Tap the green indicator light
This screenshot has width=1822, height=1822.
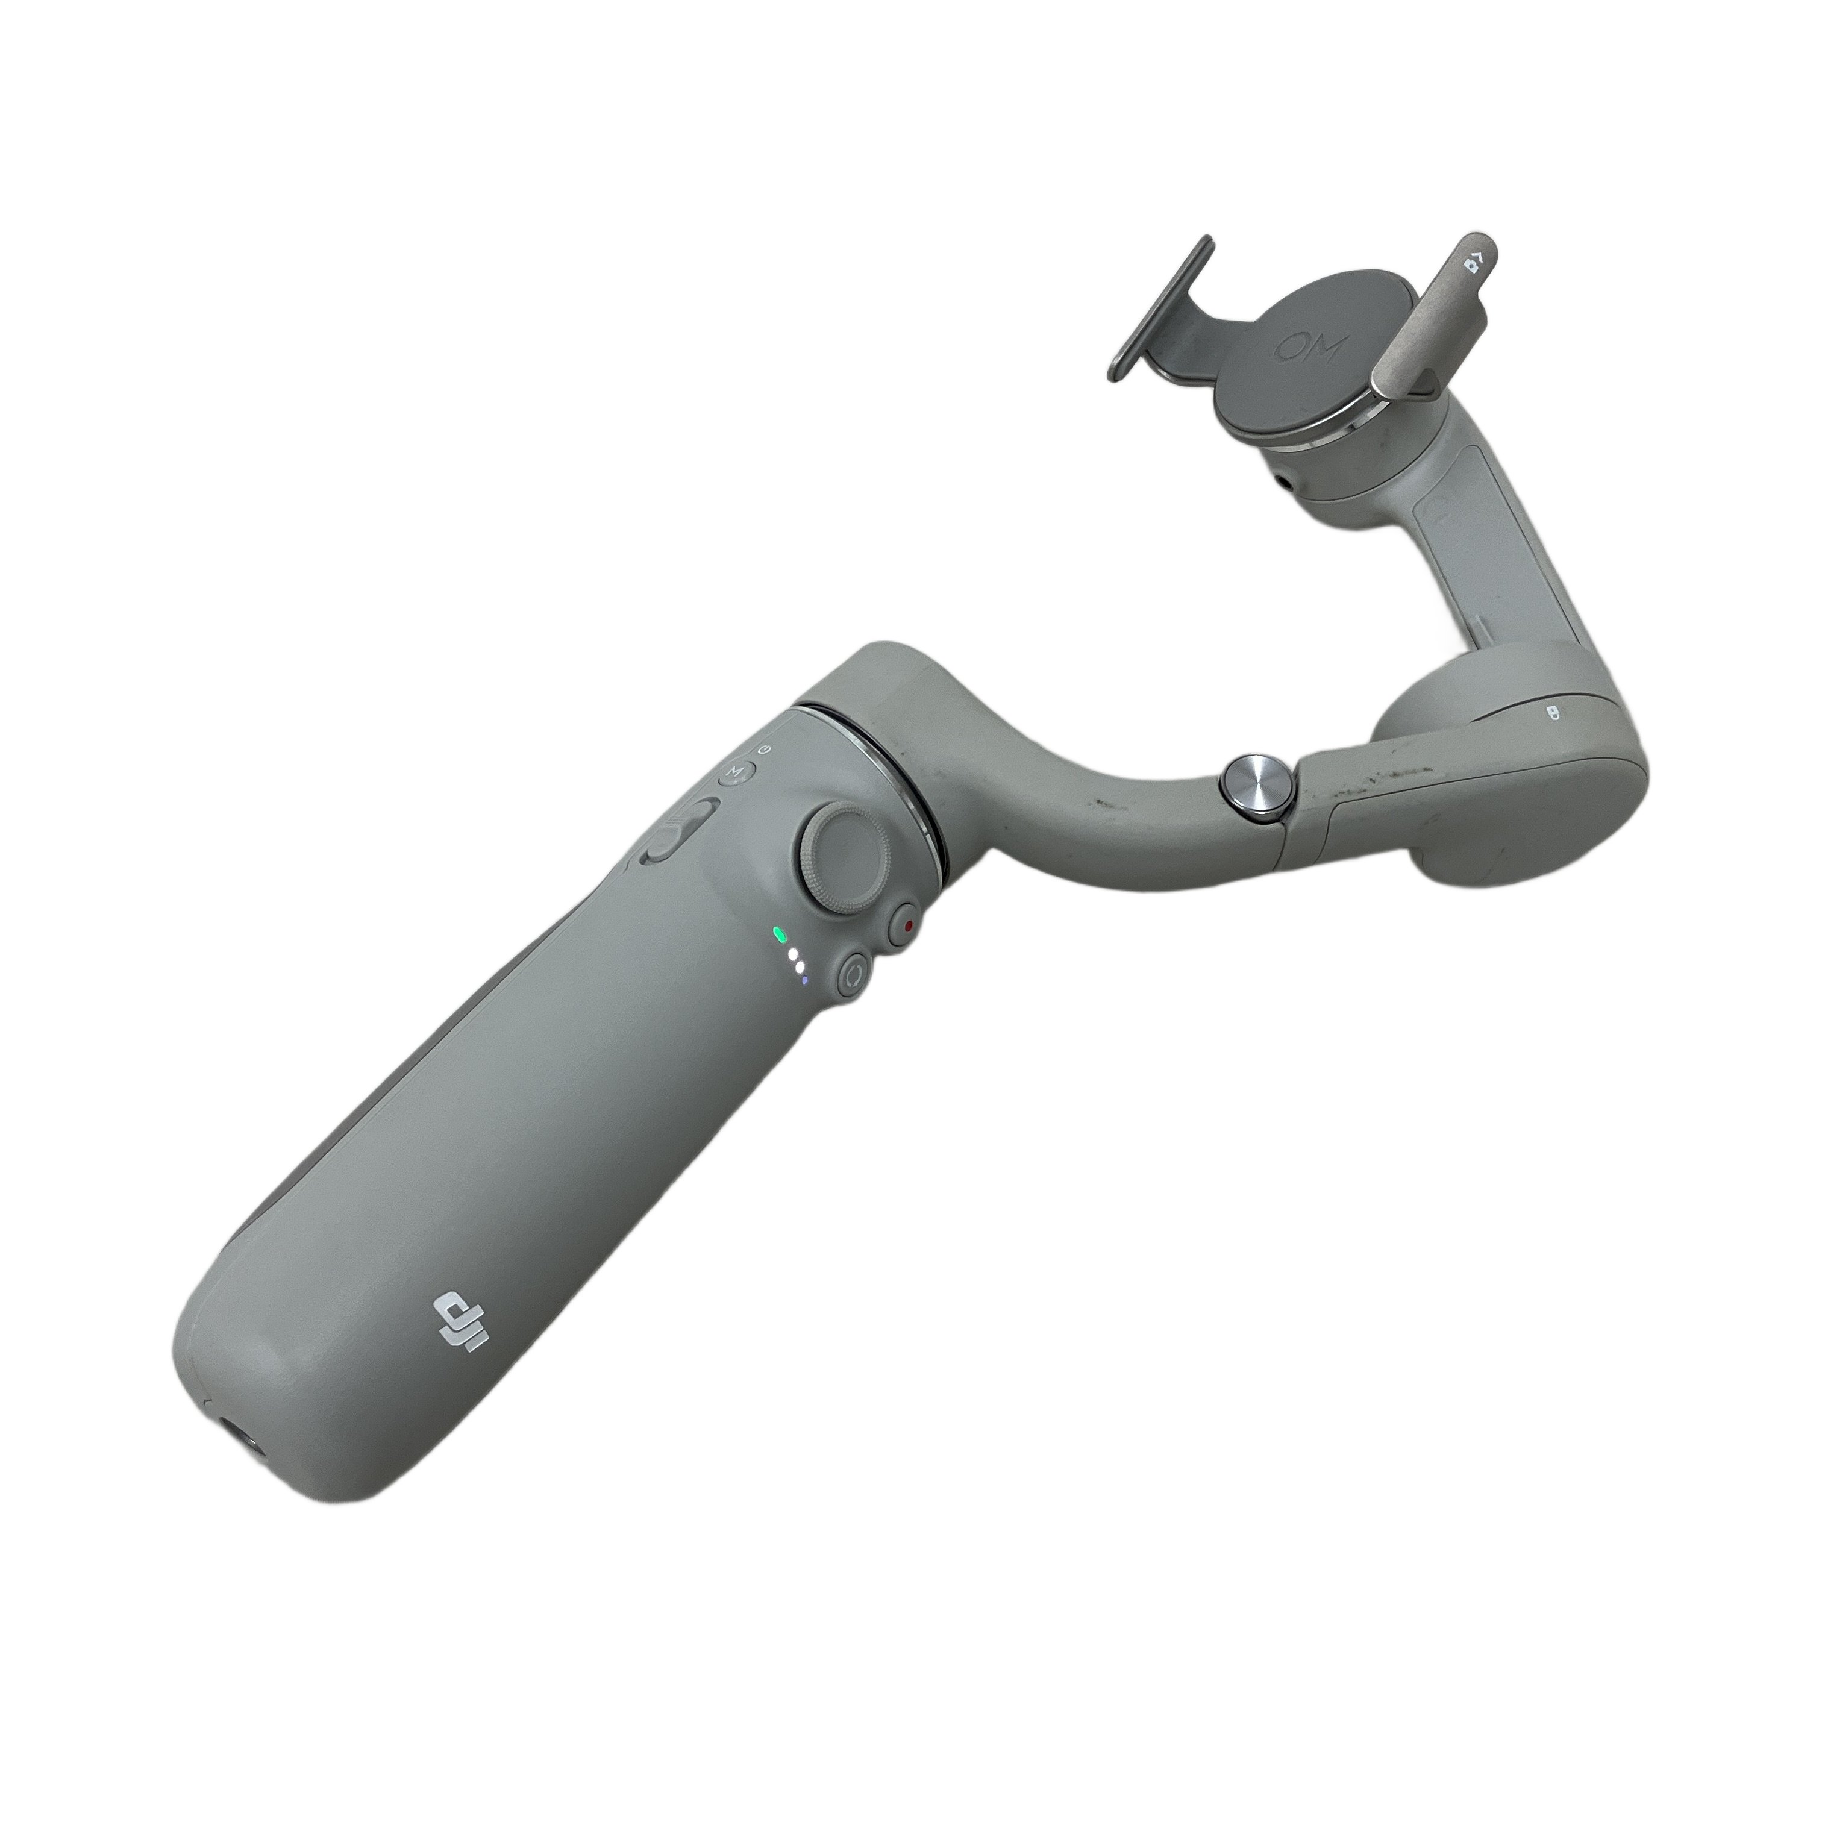[779, 936]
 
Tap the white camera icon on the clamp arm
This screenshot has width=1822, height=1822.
[1475, 262]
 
